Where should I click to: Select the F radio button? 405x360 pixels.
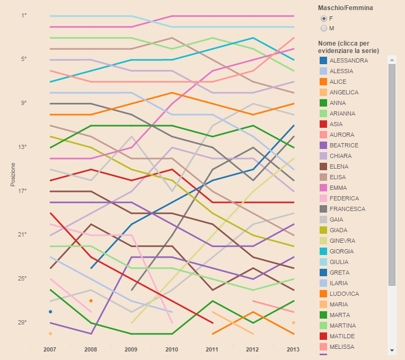(323, 19)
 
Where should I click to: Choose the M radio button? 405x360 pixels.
(323, 28)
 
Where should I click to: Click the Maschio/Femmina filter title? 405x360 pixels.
(345, 8)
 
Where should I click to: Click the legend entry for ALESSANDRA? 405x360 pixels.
(348, 60)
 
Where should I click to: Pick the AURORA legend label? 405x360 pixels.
(341, 135)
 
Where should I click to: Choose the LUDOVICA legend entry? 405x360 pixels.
(344, 294)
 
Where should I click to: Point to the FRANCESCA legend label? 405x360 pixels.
(347, 209)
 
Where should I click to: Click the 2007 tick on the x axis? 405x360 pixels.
(50, 349)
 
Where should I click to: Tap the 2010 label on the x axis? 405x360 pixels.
(172, 349)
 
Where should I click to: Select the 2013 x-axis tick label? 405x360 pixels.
(293, 349)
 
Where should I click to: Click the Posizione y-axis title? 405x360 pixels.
(13, 174)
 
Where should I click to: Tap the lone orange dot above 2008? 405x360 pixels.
(91, 301)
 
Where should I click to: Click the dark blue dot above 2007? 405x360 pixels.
(50, 312)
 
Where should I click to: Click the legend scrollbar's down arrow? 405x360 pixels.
(392, 350)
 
